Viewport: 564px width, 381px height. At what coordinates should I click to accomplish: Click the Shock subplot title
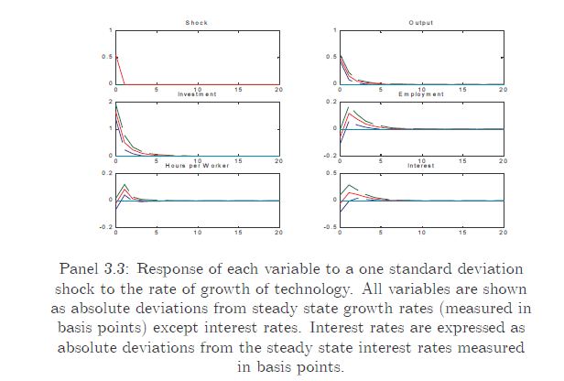click(x=197, y=22)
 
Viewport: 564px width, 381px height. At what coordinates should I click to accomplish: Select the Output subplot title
click(x=421, y=22)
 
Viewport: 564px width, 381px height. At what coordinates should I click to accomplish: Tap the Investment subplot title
click(x=197, y=94)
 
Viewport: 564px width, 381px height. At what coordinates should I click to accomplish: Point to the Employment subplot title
click(x=421, y=94)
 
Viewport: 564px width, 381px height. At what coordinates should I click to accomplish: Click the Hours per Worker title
click(x=197, y=166)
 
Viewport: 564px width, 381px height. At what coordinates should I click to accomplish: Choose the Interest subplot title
click(x=421, y=166)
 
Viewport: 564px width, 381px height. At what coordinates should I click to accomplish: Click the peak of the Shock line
click(x=117, y=57)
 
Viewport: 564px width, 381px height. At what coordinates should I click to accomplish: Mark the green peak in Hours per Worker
click(x=125, y=185)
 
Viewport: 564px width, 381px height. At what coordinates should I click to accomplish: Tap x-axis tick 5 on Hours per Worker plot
click(x=157, y=233)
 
